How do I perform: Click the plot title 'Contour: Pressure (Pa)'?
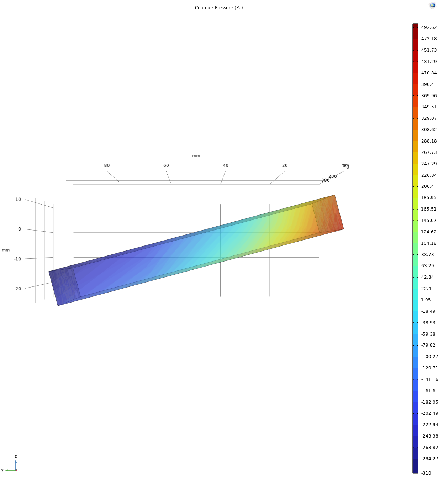219,8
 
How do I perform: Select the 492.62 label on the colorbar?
429,27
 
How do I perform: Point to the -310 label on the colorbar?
426,473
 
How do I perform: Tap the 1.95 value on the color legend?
426,300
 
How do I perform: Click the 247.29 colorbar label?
429,164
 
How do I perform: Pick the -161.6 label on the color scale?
428,391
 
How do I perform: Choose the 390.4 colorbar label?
427,84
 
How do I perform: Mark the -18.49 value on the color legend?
428,311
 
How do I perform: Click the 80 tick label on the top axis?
107,165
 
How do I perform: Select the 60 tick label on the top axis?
166,165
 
